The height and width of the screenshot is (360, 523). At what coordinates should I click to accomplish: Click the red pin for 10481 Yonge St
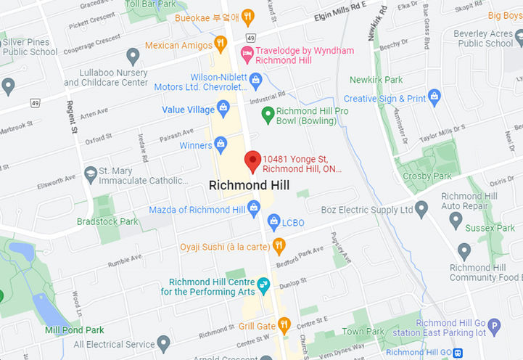click(252, 161)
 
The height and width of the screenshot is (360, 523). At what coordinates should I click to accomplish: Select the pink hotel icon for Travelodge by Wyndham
click(247, 52)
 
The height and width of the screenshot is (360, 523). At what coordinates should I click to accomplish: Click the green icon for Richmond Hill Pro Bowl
click(267, 112)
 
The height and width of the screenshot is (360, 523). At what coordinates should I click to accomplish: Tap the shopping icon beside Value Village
click(223, 110)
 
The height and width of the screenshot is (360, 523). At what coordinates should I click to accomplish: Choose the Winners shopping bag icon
click(221, 145)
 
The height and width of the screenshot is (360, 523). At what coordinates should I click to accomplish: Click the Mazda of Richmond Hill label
click(197, 210)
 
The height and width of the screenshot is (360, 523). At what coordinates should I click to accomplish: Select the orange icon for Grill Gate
click(284, 325)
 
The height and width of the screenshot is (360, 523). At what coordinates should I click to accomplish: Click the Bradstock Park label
click(107, 221)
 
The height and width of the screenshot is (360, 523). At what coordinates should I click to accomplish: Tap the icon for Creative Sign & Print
click(435, 96)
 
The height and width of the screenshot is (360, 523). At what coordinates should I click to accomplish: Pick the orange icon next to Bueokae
click(247, 15)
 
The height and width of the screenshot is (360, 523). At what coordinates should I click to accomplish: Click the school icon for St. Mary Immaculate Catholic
click(90, 174)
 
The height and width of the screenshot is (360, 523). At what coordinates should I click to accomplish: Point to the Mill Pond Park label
click(74, 330)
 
